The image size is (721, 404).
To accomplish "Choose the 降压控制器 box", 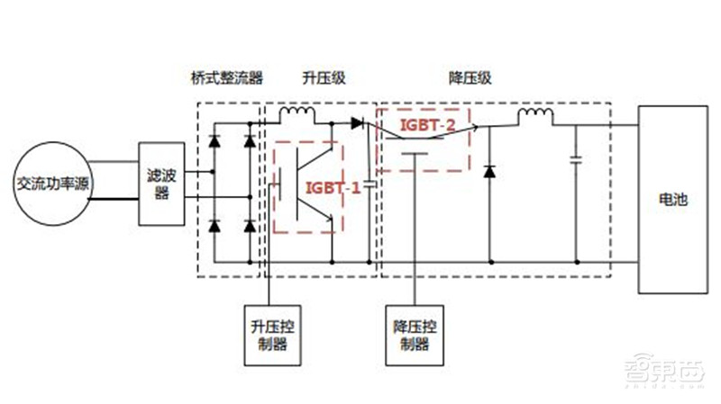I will click(414, 331).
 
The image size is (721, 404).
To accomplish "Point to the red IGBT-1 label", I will click(333, 187).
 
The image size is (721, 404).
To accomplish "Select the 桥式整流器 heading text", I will click(227, 78).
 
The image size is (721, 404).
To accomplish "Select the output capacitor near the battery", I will click(575, 162).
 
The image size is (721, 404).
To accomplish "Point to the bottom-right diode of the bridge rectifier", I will click(249, 225).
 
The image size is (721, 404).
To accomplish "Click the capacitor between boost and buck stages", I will click(370, 190).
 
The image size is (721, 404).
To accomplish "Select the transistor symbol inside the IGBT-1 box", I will click(311, 184).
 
